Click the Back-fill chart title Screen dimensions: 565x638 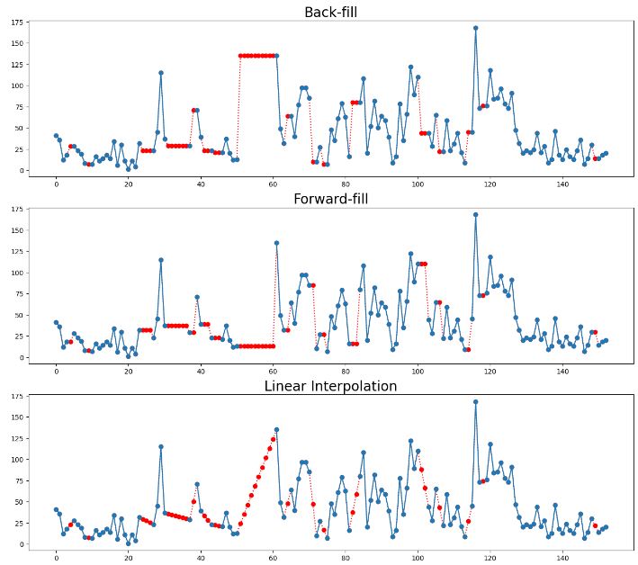tap(331, 12)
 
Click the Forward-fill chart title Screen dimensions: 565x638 tap(331, 199)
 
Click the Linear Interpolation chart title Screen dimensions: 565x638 tap(331, 386)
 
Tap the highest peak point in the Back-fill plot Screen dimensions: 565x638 tap(475, 28)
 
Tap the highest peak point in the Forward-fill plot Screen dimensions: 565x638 tap(475, 215)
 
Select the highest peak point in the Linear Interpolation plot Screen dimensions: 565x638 tap(475, 402)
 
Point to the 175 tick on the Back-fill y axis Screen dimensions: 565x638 tap(16, 22)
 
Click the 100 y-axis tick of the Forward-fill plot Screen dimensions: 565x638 tap(16, 273)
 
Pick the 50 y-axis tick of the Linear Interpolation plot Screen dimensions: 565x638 tap(18, 502)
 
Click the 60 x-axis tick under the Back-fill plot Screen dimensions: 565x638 tap(273, 184)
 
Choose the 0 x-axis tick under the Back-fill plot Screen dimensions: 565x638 tap(56, 184)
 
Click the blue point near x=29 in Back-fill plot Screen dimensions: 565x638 tap(161, 73)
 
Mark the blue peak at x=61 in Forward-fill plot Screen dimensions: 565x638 tap(276, 243)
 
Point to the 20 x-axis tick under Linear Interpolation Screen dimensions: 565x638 tap(128, 558)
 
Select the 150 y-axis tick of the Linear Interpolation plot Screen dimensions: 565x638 tap(16, 417)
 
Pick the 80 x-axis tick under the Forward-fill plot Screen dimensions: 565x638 tap(345, 371)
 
